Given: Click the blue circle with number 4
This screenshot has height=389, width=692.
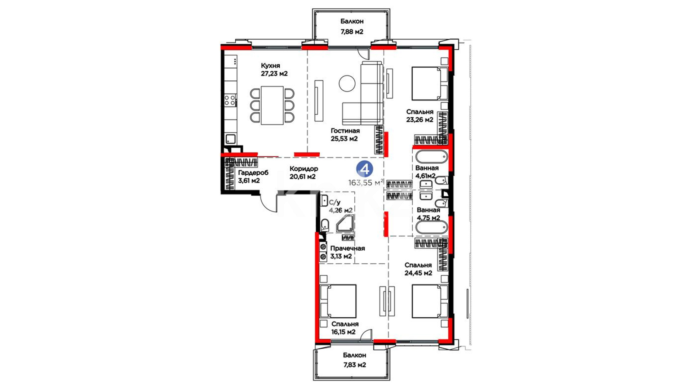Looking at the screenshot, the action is tap(364, 169).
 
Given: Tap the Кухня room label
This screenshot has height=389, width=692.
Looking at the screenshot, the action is tap(270, 66).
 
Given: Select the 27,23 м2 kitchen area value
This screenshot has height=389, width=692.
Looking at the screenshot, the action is tap(274, 74).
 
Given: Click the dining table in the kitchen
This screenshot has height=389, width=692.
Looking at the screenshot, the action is tap(272, 105).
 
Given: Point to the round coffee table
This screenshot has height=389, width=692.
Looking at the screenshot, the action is tap(347, 83).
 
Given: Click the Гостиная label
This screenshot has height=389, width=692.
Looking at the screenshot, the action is tap(345, 131).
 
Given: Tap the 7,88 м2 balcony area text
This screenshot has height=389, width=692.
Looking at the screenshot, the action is tap(352, 32).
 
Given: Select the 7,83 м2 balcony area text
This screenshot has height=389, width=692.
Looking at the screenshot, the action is tap(354, 365).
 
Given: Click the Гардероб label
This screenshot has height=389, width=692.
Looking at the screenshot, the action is tap(253, 173).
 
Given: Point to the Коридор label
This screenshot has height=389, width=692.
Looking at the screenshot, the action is tap(304, 169).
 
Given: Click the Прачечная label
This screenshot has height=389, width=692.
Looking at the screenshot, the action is tap(347, 249).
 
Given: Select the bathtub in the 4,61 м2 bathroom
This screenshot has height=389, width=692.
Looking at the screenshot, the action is tap(432, 157).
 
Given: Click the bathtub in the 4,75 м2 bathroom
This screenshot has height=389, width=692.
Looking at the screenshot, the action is tap(432, 228).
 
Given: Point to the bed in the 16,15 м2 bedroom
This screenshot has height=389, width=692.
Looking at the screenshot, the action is tap(338, 301).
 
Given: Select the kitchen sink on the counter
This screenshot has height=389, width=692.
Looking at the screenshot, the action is tap(231, 139).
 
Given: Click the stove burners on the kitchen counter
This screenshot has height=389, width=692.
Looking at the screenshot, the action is tap(231, 100).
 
